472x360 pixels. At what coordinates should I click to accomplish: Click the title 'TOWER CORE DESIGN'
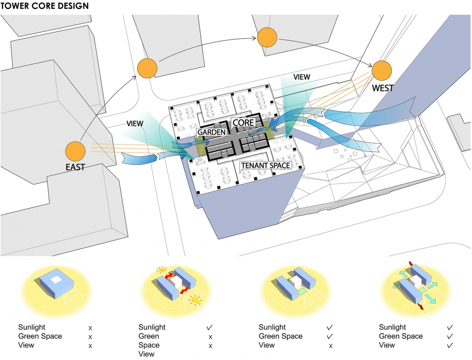[45, 6]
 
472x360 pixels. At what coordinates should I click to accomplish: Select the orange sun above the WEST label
[382, 71]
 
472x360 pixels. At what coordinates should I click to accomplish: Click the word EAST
[75, 167]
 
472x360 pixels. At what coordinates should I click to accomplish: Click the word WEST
[383, 89]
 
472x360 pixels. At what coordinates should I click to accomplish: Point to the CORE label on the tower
[243, 122]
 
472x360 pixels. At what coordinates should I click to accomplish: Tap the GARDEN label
[211, 132]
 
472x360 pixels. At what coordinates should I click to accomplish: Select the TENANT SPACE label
[265, 166]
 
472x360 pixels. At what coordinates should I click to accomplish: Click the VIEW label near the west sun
[302, 77]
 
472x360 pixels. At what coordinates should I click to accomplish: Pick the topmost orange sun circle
[267, 38]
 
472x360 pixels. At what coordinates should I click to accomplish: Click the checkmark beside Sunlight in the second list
[210, 327]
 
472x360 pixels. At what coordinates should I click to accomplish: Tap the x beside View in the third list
[330, 346]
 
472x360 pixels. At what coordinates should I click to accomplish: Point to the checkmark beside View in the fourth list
[450, 345]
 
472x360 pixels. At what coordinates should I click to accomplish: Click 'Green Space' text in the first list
[40, 336]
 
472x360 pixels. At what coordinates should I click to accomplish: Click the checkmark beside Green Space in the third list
[330, 336]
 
